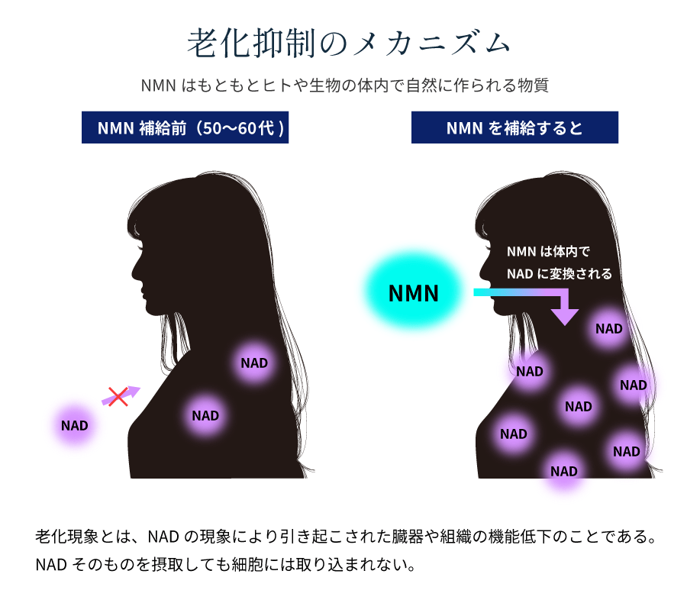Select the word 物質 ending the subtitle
tap(534, 85)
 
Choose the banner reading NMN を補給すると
tap(514, 127)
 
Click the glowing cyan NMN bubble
tap(413, 293)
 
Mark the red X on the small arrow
tap(117, 396)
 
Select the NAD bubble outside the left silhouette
tap(75, 425)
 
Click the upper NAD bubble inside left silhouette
tap(254, 363)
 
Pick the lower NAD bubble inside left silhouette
tap(205, 415)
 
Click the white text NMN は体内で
tap(548, 252)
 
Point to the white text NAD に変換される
tap(559, 273)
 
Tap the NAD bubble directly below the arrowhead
tap(609, 329)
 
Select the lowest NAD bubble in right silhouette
tap(564, 471)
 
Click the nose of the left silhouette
tap(134, 269)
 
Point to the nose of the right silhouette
tap(482, 269)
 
